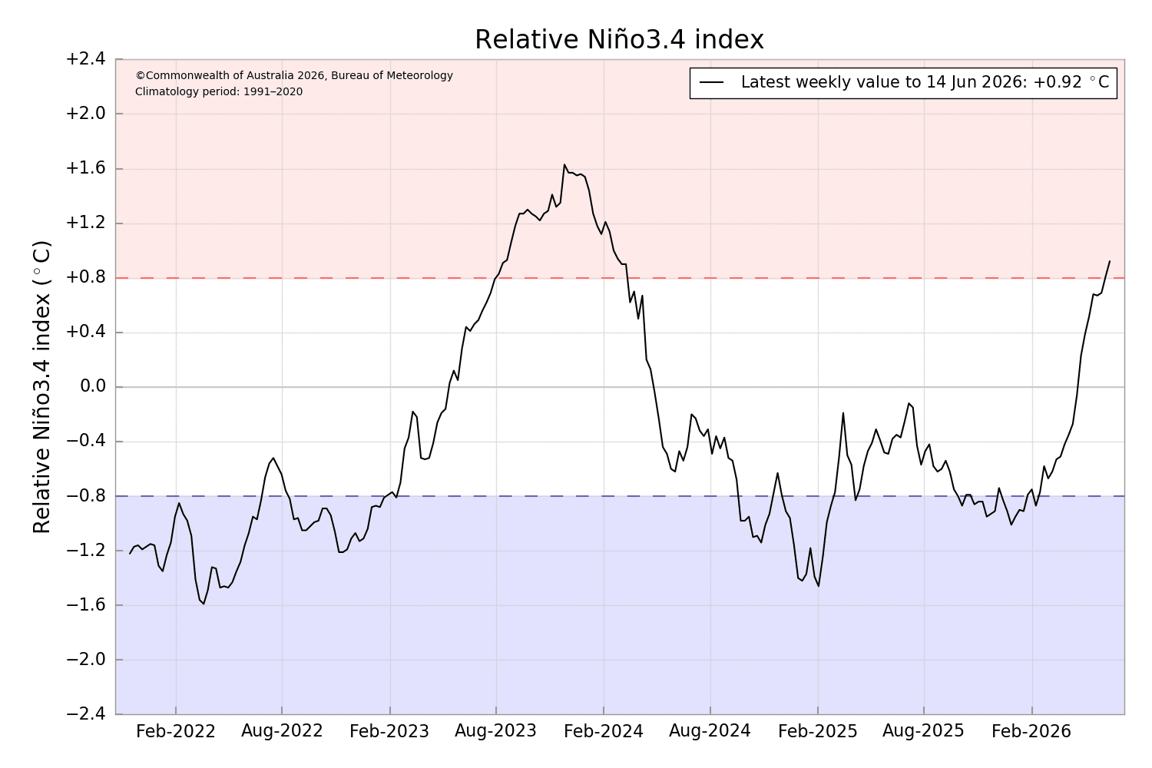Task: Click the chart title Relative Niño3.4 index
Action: [x=619, y=40]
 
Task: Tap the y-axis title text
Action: [x=42, y=387]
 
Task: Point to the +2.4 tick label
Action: [x=85, y=59]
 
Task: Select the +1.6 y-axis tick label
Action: [x=85, y=168]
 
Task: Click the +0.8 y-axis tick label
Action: [x=85, y=277]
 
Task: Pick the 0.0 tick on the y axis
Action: [x=93, y=386]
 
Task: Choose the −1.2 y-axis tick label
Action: [x=85, y=551]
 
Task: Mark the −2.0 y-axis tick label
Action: [x=85, y=660]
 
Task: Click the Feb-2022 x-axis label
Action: [x=175, y=731]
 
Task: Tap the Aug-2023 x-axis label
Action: [x=496, y=731]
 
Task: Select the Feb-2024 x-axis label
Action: [x=603, y=731]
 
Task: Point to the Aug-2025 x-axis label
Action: [x=924, y=731]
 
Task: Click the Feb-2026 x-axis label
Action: [x=1031, y=731]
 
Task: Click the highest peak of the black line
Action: [x=564, y=164]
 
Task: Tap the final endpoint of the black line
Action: [x=1109, y=261]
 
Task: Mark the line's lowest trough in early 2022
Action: [x=204, y=604]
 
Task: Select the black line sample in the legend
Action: [x=712, y=82]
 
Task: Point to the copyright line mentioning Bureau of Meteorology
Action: [x=294, y=75]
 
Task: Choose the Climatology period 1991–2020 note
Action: [x=219, y=92]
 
